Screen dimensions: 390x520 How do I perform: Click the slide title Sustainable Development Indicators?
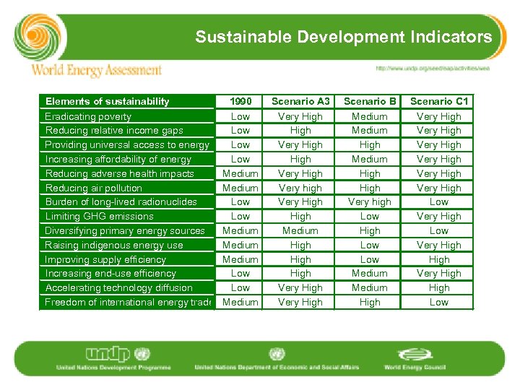(x=343, y=37)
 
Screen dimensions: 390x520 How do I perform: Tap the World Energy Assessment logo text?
(x=96, y=70)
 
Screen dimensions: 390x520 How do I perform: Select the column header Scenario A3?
(x=300, y=101)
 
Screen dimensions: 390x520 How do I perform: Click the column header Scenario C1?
(x=439, y=101)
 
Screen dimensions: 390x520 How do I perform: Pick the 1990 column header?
(x=240, y=101)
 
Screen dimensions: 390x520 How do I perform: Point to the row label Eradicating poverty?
(x=88, y=116)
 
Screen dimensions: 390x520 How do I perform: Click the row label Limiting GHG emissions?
(x=99, y=216)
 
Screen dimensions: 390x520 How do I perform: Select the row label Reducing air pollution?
(x=93, y=188)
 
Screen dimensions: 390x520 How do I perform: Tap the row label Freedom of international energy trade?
(x=127, y=302)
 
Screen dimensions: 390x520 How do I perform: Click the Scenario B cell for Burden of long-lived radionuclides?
(x=370, y=201)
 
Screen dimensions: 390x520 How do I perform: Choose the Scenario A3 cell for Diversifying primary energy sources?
(x=300, y=230)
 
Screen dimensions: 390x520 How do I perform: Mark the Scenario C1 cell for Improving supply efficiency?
(x=439, y=259)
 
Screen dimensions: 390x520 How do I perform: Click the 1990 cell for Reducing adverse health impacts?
(x=240, y=173)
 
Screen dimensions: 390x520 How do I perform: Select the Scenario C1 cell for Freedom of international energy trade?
(x=439, y=302)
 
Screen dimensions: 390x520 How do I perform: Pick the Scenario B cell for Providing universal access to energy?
(x=370, y=144)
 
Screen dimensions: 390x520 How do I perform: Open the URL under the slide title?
(x=432, y=69)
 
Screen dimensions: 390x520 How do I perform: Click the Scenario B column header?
(x=370, y=101)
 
